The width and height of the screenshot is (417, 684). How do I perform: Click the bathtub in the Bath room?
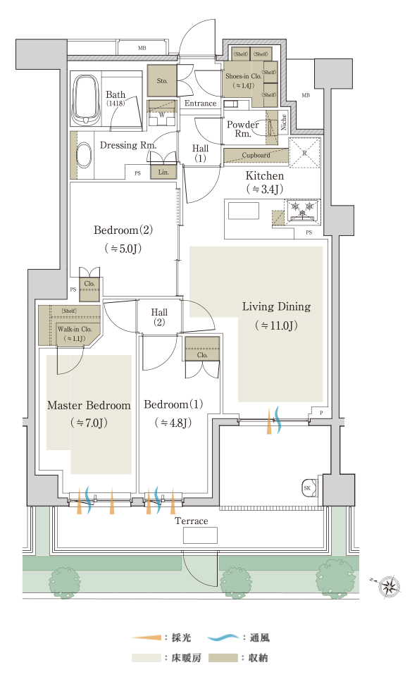point(85,100)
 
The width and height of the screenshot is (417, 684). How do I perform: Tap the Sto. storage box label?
point(162,81)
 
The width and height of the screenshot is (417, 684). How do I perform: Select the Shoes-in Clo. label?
point(244,76)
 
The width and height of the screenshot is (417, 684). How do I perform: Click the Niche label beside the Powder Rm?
point(284,122)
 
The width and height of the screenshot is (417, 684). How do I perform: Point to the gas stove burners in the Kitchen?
point(303,208)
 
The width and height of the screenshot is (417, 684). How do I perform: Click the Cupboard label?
point(256,155)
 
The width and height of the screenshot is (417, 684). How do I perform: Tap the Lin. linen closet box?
point(163,172)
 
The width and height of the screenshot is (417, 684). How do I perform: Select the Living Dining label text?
point(277,306)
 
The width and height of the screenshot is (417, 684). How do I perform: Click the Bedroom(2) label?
point(123,230)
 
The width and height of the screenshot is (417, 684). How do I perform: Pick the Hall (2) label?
point(159,317)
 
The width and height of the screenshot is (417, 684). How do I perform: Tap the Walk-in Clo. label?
point(75,329)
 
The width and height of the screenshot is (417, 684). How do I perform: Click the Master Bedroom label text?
point(89,405)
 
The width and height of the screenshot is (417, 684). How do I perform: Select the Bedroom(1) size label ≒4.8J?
point(173,423)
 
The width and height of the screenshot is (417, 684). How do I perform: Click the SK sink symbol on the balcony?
point(309,487)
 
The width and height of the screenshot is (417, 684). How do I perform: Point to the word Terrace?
point(192,521)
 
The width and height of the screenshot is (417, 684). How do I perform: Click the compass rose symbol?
point(390,585)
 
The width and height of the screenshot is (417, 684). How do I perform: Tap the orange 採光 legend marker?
point(147,638)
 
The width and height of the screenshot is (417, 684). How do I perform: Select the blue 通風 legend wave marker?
point(223,638)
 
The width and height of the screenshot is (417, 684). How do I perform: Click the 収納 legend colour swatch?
point(223,658)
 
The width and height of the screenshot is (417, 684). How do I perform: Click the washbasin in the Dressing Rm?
point(85,155)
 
